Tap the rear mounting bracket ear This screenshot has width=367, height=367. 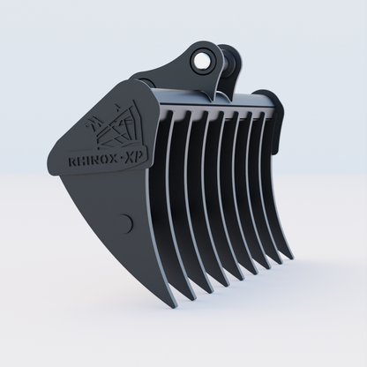coord(231,61)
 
